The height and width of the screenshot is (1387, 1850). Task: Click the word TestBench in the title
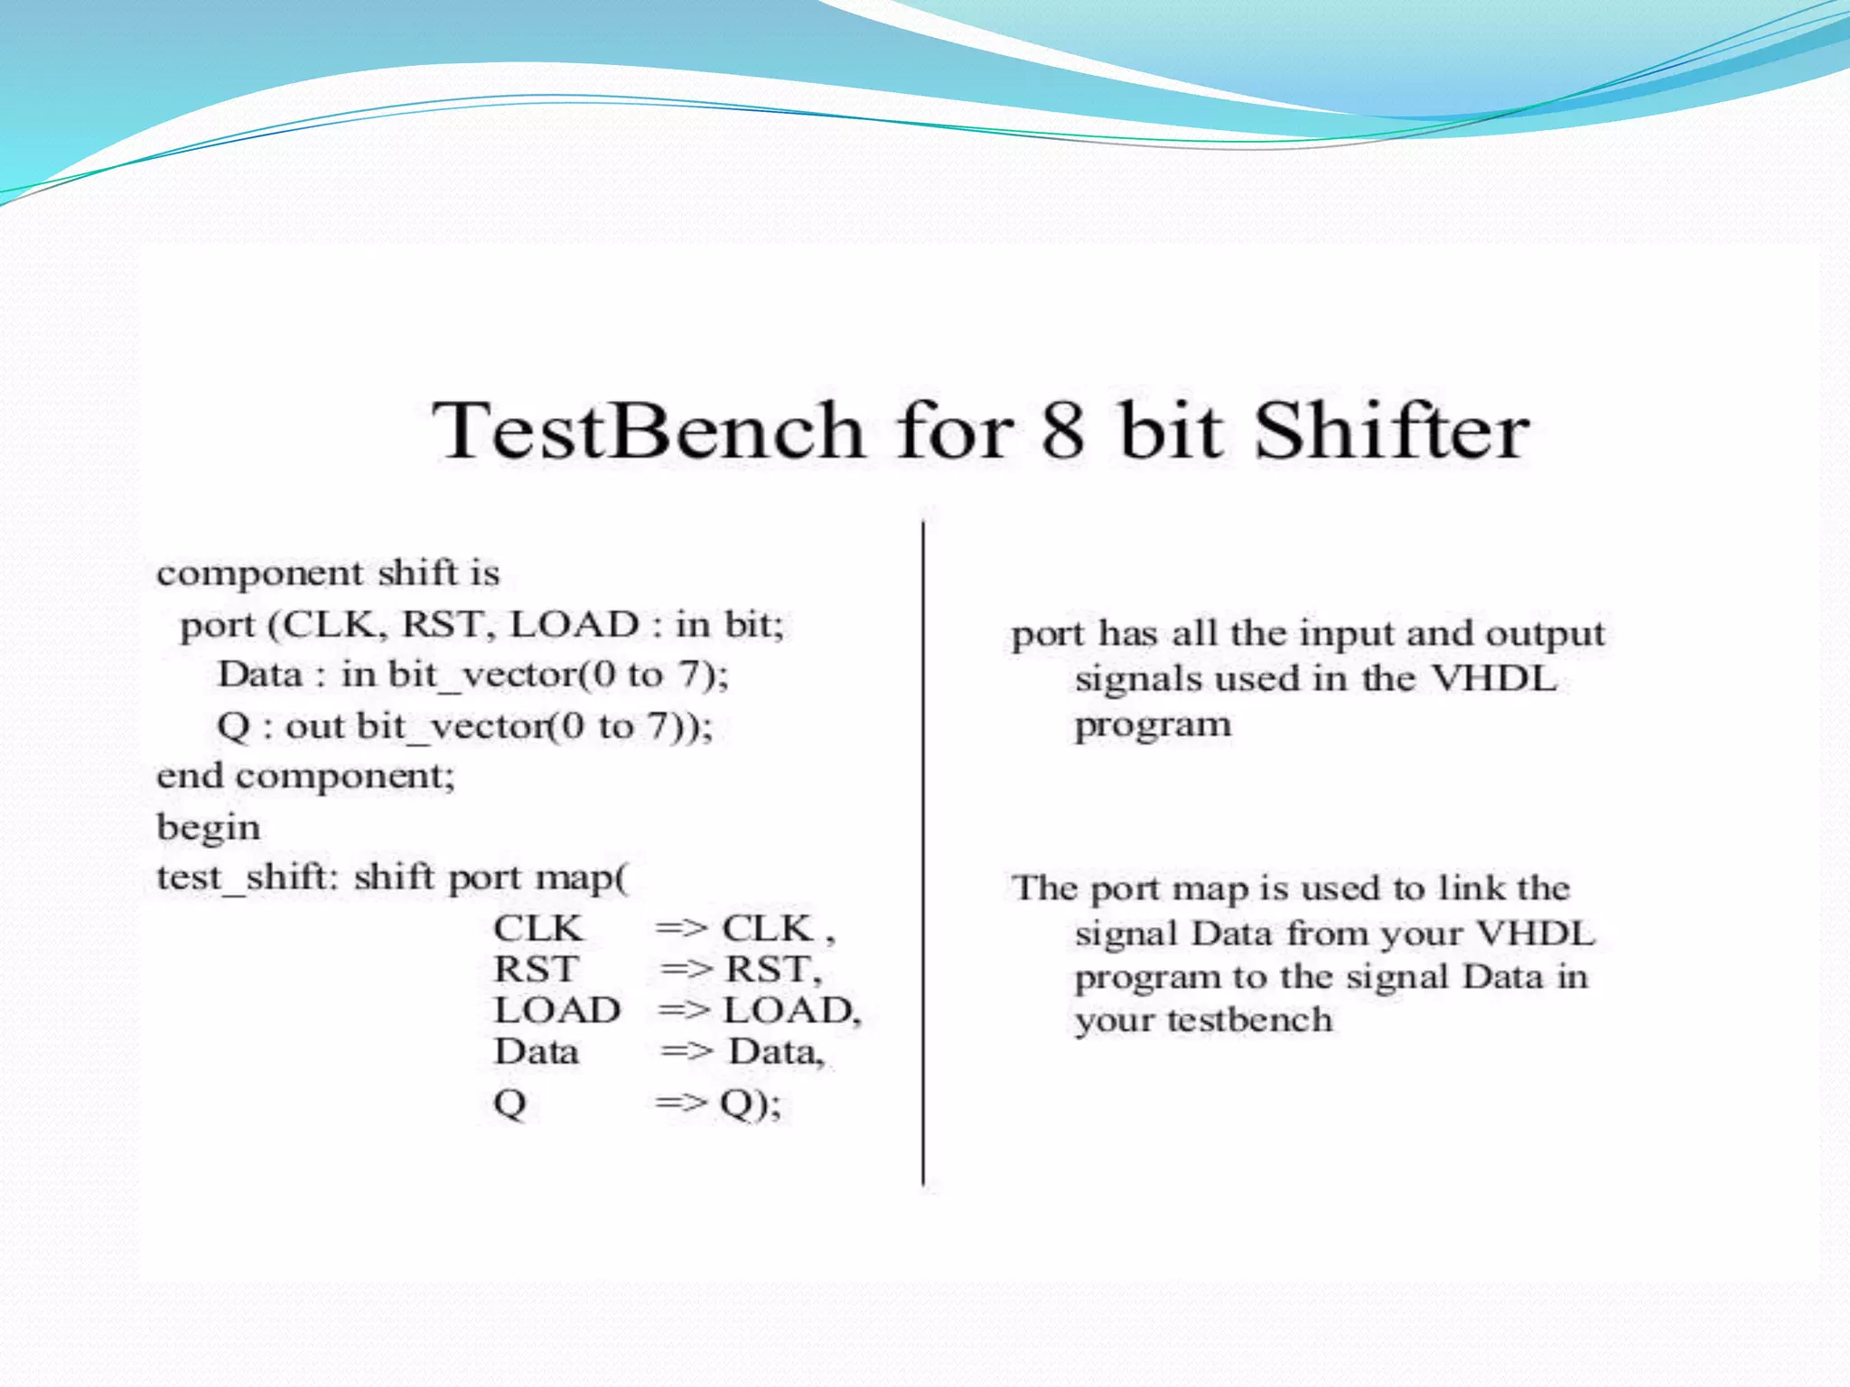click(648, 431)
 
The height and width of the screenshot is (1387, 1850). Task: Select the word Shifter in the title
click(1391, 431)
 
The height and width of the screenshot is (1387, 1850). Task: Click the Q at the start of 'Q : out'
click(233, 726)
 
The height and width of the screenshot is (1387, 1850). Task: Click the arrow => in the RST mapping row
click(687, 970)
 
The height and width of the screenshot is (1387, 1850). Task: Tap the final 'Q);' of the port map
click(750, 1103)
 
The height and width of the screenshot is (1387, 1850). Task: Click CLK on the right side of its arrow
click(767, 928)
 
